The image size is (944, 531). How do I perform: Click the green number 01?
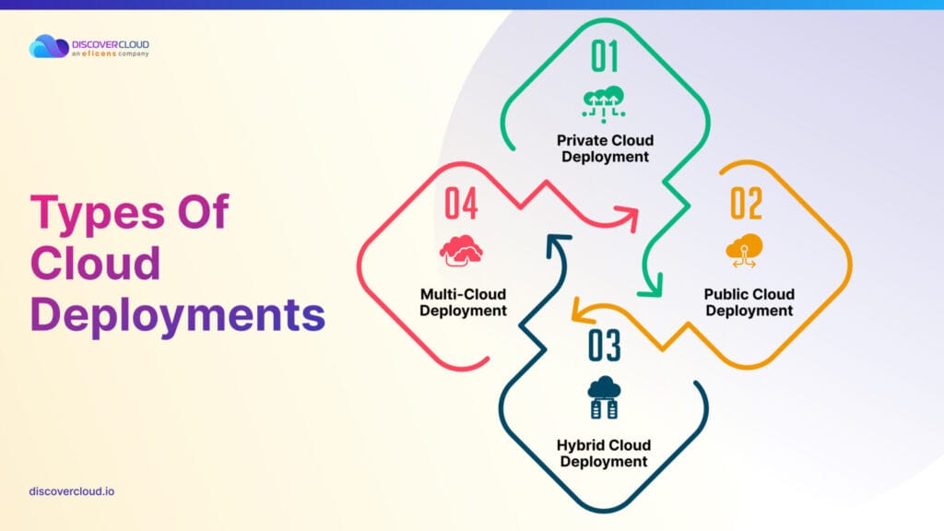click(604, 56)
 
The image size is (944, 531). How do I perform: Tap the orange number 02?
click(746, 203)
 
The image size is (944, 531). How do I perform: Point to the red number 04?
click(461, 204)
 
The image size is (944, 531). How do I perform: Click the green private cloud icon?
click(603, 104)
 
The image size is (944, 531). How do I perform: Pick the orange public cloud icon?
click(745, 251)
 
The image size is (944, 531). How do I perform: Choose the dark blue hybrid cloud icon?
click(604, 398)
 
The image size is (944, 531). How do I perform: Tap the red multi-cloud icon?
click(461, 251)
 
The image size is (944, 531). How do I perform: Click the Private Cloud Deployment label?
click(605, 148)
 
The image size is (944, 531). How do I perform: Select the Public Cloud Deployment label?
click(749, 302)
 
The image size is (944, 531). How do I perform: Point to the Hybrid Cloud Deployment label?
click(604, 454)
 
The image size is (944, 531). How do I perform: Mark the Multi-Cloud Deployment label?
click(463, 302)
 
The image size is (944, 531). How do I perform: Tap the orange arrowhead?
click(582, 310)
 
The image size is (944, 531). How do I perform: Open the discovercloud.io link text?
click(72, 491)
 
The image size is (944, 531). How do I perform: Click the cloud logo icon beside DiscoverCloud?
click(49, 46)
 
